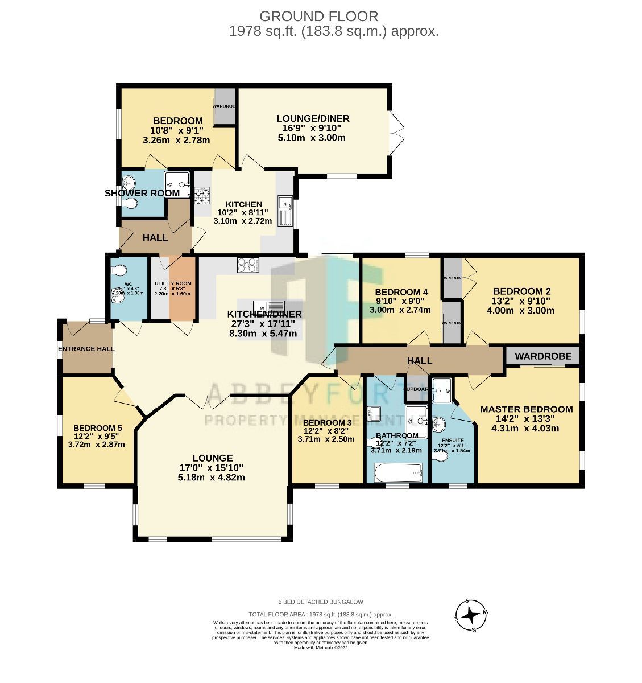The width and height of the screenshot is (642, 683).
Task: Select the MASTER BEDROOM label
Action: coord(526,409)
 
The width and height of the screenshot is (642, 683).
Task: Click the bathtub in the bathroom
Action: coord(398,472)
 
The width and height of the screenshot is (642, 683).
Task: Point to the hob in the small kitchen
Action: coord(202,195)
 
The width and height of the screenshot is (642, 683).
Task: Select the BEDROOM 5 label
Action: coord(97,429)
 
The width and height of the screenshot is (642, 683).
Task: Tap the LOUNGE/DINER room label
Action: coord(313,118)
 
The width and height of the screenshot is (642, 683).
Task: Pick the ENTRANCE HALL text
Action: coord(86,349)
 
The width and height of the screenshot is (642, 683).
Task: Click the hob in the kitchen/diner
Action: coord(248,265)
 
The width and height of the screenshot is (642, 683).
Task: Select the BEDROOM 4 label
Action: coord(401,292)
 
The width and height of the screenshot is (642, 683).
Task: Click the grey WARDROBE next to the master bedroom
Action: coord(542,356)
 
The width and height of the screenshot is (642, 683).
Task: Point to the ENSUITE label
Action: coord(451,441)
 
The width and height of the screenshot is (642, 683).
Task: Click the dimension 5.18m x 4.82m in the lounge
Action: coord(211,478)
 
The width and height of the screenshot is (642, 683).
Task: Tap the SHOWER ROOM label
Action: coord(142,193)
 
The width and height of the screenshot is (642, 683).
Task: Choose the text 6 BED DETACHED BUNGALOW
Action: coord(321,602)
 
